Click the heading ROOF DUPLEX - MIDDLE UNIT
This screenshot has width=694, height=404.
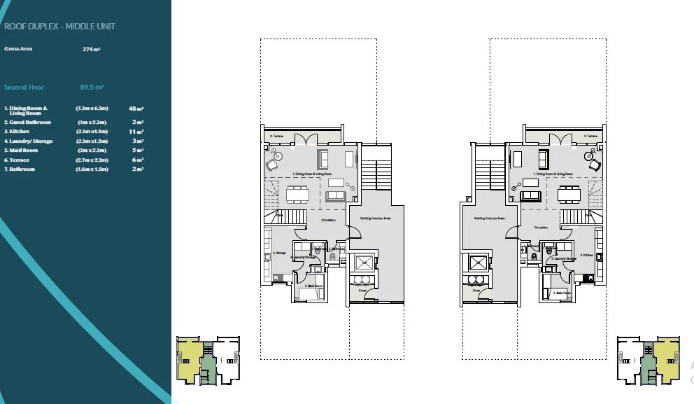point(59,27)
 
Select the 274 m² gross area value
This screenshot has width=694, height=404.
point(91,49)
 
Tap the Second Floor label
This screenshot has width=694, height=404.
point(24,88)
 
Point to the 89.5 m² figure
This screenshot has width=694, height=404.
point(92,88)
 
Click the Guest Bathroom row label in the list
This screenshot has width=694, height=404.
point(28,122)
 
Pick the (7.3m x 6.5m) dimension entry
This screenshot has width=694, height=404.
point(92,109)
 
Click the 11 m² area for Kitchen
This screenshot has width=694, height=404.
point(136,131)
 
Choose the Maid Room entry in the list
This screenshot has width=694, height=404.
point(21,150)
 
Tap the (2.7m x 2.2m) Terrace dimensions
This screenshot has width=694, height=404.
point(92,159)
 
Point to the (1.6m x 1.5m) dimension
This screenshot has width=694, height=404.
point(92,168)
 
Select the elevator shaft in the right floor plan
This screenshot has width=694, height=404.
point(476,263)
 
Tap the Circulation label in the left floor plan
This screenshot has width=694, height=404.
point(329,221)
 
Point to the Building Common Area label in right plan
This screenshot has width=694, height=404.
point(489,218)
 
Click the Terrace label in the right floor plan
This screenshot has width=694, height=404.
point(592,137)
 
